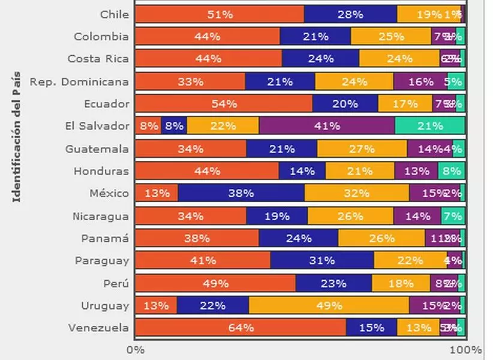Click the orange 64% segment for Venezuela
tap(241, 328)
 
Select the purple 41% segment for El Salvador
tap(327, 126)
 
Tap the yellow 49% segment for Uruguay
tap(329, 305)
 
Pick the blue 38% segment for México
tap(241, 193)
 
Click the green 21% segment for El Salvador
tap(429, 126)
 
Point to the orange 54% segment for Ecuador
tap(224, 103)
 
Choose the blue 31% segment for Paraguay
tap(322, 260)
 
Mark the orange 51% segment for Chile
tap(220, 14)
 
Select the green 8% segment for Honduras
tap(451, 171)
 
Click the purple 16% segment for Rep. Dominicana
tap(420, 81)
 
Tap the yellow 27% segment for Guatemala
tap(362, 148)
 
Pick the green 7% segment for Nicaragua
tap(453, 215)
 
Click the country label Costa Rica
tap(98, 59)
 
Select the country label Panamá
tap(105, 238)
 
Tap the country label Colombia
tap(101, 37)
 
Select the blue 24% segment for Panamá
tap(299, 238)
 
